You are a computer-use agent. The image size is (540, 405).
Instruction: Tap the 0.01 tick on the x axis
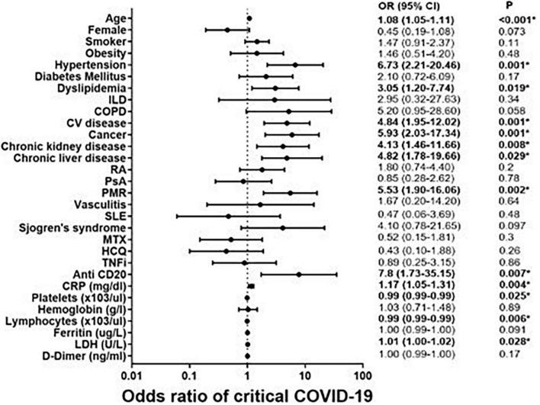[x=132, y=375]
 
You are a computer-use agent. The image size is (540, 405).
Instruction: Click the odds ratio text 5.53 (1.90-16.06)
[x=424, y=193]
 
